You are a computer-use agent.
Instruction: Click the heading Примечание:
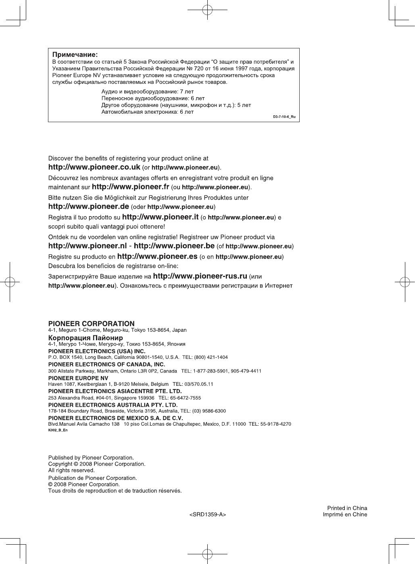[75, 54]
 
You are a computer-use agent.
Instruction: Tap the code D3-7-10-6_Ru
[284, 117]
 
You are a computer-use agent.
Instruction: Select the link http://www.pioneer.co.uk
[94, 167]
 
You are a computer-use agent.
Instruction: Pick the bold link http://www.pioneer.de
[89, 207]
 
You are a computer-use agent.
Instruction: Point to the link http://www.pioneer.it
[160, 217]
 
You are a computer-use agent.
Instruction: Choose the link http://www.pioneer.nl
[88, 246]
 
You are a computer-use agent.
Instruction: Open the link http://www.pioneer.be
[174, 246]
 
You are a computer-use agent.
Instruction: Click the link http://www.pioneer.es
[157, 256]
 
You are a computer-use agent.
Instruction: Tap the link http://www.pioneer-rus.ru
[200, 276]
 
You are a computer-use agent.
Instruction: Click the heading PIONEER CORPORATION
[92, 324]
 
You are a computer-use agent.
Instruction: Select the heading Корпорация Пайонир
[86, 337]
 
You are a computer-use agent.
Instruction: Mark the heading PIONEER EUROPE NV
[78, 378]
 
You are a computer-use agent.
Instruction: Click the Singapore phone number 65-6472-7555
[187, 398]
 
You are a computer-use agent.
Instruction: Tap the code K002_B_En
[58, 430]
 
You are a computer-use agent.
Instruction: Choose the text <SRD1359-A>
[208, 514]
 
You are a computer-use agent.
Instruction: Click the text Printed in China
[347, 508]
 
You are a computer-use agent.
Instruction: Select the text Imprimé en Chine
[345, 514]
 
